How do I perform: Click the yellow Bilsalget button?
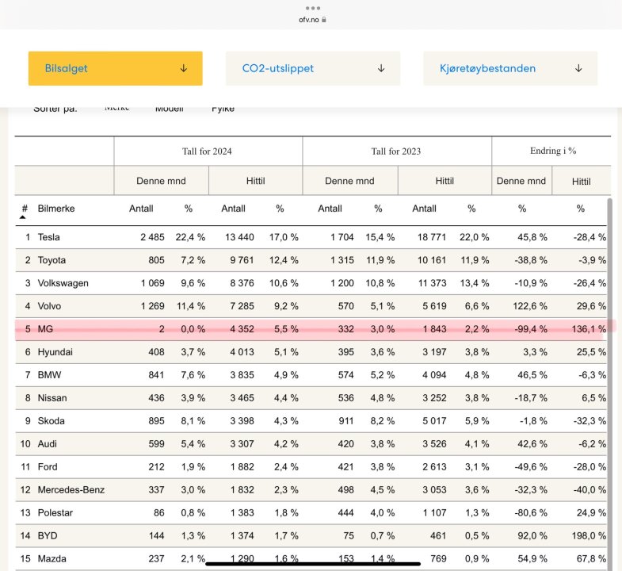click(115, 68)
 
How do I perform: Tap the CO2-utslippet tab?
click(312, 68)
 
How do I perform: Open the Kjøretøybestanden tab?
click(509, 68)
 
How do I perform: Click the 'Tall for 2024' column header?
click(207, 151)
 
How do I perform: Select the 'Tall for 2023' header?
click(396, 151)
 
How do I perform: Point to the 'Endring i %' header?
click(552, 151)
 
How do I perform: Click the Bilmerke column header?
click(56, 209)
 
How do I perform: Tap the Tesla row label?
click(48, 237)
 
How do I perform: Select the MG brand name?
click(46, 329)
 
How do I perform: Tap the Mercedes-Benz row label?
click(71, 490)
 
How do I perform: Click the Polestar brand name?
click(55, 513)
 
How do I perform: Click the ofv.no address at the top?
click(308, 19)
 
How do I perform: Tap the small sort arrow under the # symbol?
click(23, 217)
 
